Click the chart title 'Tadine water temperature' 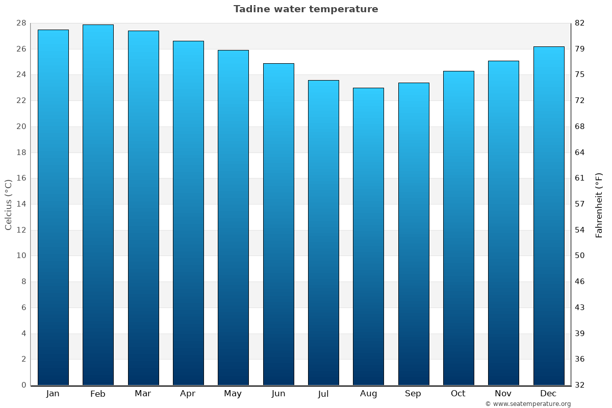(305, 9)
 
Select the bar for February (98, 204)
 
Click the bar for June (278, 224)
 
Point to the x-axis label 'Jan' (53, 393)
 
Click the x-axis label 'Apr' (188, 393)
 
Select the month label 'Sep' (413, 393)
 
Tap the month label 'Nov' (503, 393)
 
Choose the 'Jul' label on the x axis (323, 393)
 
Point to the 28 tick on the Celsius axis (21, 23)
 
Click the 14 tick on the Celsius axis (21, 204)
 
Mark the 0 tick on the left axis (23, 385)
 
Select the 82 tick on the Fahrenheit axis (579, 23)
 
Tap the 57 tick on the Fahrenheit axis (579, 204)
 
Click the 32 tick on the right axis (579, 385)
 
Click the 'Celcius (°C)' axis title (8, 204)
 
